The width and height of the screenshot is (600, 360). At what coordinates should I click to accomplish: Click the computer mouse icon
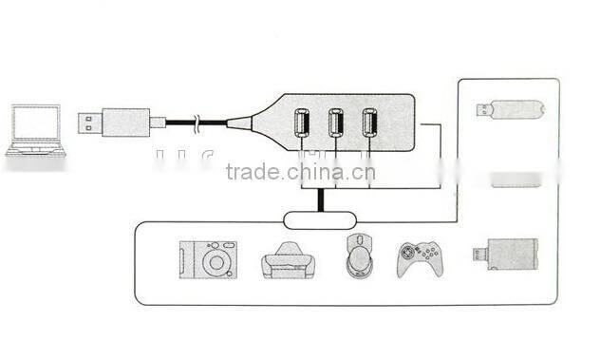[360, 256]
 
